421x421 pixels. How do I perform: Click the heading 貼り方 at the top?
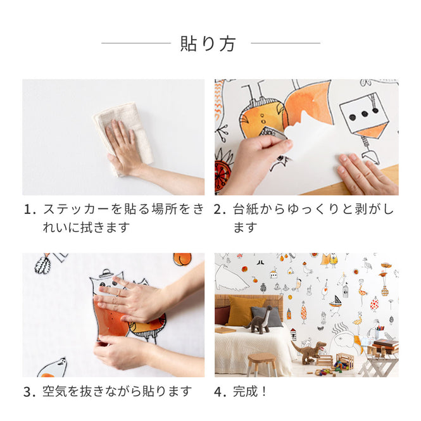(208, 44)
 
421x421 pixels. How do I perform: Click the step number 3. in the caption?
(29, 392)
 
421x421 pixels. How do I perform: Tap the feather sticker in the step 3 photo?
(43, 264)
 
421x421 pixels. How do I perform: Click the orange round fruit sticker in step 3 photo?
(182, 259)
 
